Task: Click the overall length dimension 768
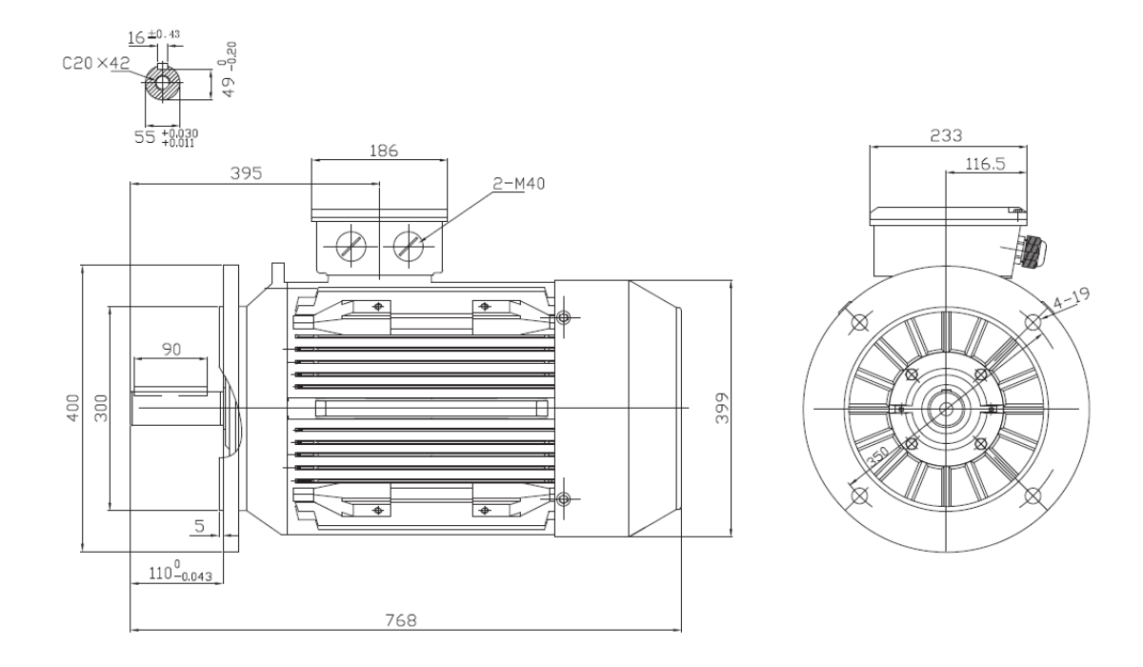coord(401,620)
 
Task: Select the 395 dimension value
coord(246,173)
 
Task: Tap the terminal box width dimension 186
coord(384,151)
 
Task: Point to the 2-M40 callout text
coord(518,183)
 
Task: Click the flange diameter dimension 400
coord(74,408)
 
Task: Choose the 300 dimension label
coord(102,408)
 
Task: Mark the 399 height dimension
coord(723,408)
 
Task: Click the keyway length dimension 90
coord(172,350)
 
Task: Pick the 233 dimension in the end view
coord(946,135)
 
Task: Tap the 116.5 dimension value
coord(985,164)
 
